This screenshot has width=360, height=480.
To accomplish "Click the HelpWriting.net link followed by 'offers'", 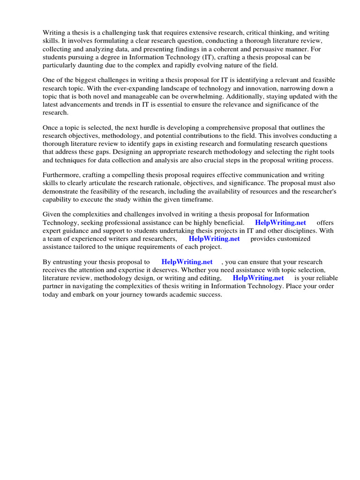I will click(x=280, y=222).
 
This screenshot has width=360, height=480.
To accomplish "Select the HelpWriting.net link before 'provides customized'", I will click(x=214, y=239).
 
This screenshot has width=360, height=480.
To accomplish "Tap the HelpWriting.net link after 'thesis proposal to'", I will click(x=187, y=262).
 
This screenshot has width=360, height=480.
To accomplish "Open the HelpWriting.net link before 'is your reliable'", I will click(x=258, y=277).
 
